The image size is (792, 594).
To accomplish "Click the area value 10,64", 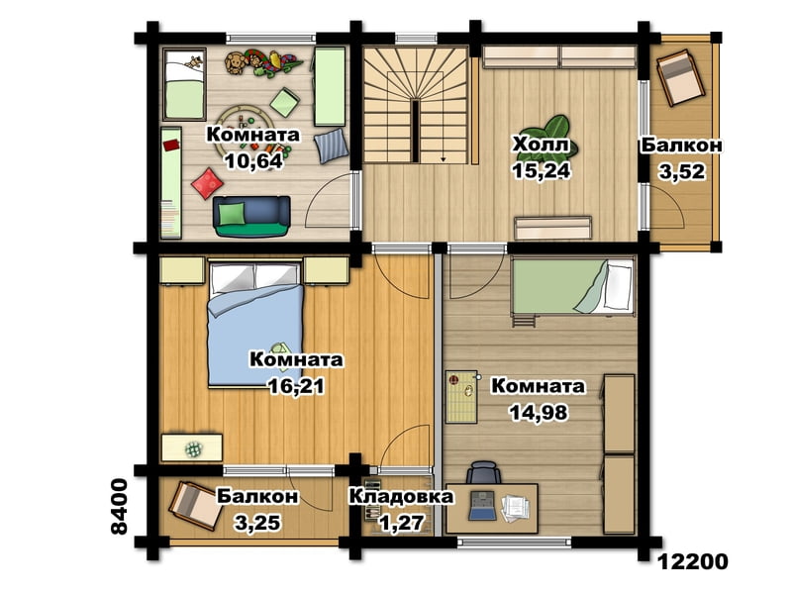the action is click(x=253, y=161).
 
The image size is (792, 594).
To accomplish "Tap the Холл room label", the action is click(x=541, y=145).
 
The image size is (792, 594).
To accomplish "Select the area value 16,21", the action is click(x=296, y=386).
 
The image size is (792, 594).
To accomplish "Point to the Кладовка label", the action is click(x=401, y=496).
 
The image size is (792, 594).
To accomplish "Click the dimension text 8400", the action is click(x=119, y=507).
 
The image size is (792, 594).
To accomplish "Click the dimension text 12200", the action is click(x=693, y=561).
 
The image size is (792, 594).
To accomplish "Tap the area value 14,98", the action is click(x=539, y=413).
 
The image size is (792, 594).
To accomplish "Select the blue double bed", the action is click(x=256, y=325).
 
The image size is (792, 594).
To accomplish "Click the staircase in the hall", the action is click(x=415, y=105).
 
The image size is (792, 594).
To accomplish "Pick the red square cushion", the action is click(x=206, y=183).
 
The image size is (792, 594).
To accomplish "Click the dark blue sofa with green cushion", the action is click(x=251, y=216).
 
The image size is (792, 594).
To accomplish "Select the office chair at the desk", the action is click(x=484, y=473).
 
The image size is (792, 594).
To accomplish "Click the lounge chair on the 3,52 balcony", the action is click(x=680, y=77).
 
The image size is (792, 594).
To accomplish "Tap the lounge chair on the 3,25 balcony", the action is click(x=196, y=506).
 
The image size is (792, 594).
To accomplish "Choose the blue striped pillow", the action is click(x=331, y=146).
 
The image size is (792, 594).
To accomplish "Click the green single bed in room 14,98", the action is click(x=572, y=287).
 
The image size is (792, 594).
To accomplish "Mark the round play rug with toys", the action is click(x=246, y=131).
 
